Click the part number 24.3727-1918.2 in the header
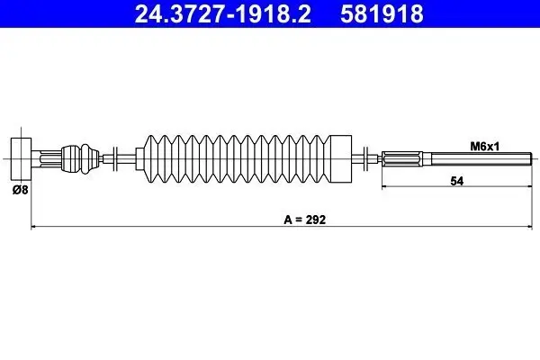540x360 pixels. (x=222, y=13)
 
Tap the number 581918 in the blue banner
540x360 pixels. (x=382, y=13)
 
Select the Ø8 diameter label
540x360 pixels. (x=21, y=190)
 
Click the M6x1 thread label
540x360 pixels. (x=484, y=147)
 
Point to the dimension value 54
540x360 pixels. (x=456, y=181)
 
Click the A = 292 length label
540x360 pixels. (x=304, y=220)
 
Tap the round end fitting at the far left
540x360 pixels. (x=21, y=158)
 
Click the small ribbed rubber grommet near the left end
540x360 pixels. (x=80, y=158)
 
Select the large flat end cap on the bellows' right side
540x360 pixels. (x=340, y=158)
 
